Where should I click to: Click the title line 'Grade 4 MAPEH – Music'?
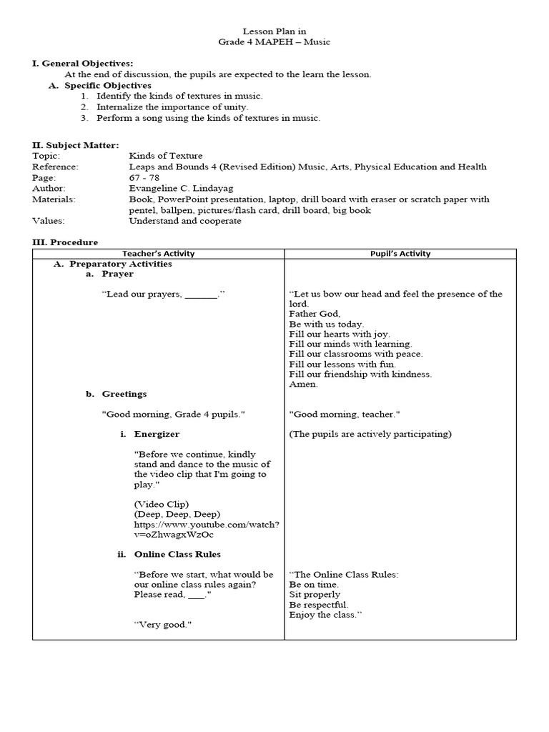pos(274,42)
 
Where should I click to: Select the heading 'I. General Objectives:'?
pos(82,64)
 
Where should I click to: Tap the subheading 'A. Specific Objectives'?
pos(100,85)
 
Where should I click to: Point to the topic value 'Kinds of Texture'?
pos(165,155)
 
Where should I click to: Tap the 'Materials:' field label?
pos(54,199)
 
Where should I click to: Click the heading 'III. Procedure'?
pos(65,242)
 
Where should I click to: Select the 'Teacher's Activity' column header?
pos(158,254)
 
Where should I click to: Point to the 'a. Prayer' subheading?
pos(109,274)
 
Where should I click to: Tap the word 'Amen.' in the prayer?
pos(303,384)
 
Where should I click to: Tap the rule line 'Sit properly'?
pos(315,594)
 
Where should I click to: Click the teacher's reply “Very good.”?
pos(163,624)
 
